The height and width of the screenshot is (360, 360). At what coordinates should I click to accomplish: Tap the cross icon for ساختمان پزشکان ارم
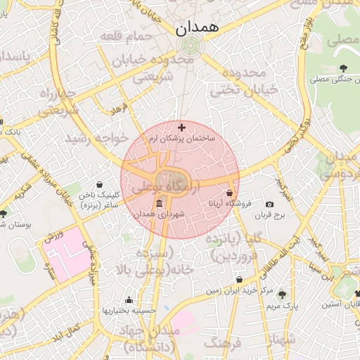[182, 127]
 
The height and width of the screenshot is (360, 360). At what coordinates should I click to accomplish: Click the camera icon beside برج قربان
[270, 204]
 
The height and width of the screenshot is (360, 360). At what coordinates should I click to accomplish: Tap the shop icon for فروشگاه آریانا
[229, 193]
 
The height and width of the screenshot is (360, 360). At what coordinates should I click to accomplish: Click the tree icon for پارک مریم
[282, 295]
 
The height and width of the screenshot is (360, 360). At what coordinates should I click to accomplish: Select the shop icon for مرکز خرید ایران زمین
[240, 279]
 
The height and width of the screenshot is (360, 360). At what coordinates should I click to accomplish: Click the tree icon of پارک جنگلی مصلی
[342, 68]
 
